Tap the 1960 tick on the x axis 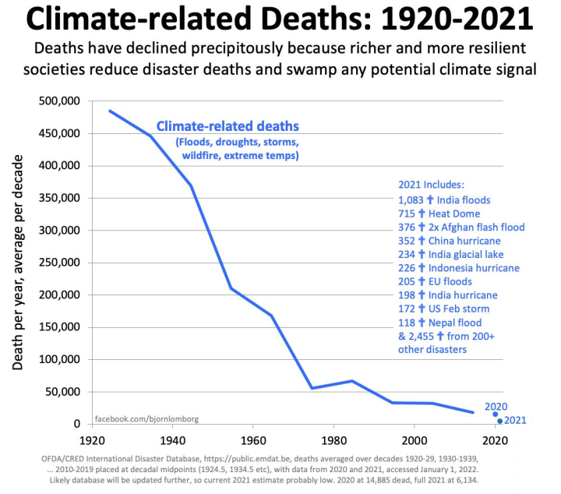click(252, 439)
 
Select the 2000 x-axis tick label click(414, 439)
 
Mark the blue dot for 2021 click(499, 422)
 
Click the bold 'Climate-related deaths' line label click(228, 126)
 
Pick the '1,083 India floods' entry click(444, 199)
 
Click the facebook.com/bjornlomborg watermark click(146, 418)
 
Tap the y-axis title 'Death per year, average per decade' click(19, 262)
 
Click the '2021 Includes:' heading click(431, 185)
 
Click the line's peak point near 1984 click(352, 381)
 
